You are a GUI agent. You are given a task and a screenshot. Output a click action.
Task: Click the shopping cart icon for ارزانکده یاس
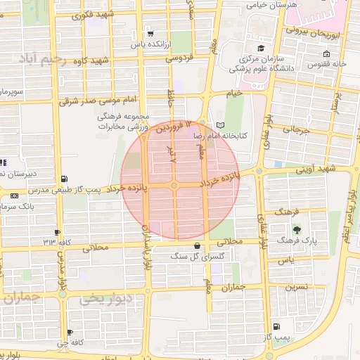(x=150, y=34)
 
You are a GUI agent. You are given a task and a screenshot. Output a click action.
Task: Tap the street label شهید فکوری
(x=96, y=15)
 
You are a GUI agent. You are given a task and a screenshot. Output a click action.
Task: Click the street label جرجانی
(x=297, y=129)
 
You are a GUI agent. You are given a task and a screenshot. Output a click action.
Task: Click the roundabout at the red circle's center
(x=174, y=186)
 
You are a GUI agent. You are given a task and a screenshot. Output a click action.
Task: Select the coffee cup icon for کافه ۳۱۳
(x=58, y=232)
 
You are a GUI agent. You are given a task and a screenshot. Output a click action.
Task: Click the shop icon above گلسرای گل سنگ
(x=195, y=245)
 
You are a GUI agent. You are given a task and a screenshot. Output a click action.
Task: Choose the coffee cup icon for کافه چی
(x=69, y=332)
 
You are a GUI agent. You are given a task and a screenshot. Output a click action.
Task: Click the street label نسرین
(x=296, y=287)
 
